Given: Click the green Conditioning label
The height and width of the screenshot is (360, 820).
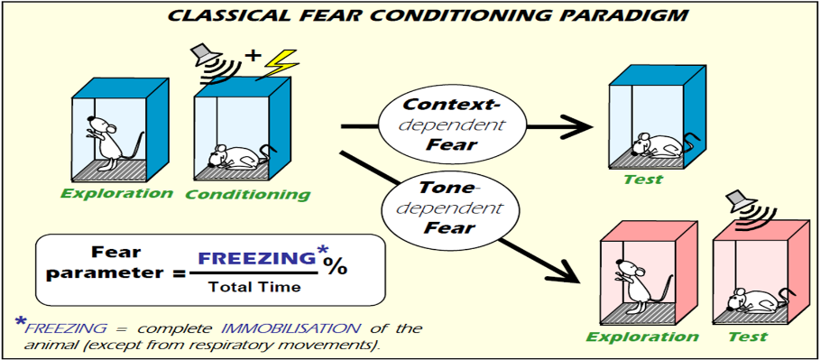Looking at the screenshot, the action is coord(247,195).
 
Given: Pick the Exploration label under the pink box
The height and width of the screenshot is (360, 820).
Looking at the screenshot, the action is coord(642,336).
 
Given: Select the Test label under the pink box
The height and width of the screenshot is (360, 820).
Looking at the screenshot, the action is coord(749,336).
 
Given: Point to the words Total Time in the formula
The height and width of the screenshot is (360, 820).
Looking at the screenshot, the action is coord(254,286).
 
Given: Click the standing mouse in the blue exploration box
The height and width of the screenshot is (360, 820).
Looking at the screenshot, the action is coord(110,140).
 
